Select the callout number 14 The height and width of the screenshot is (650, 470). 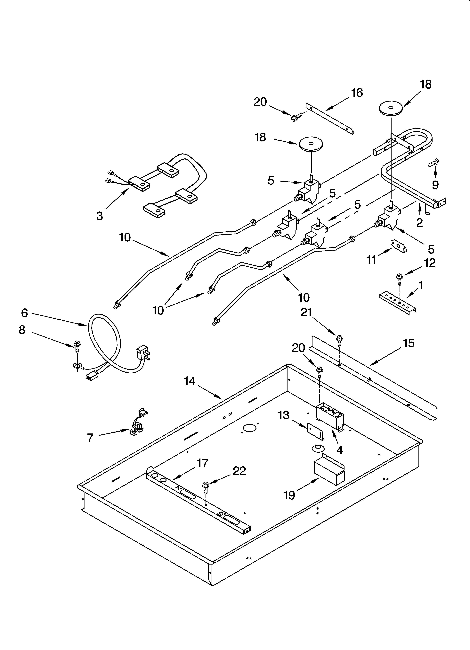(x=190, y=381)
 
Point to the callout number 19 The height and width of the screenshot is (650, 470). (x=289, y=495)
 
